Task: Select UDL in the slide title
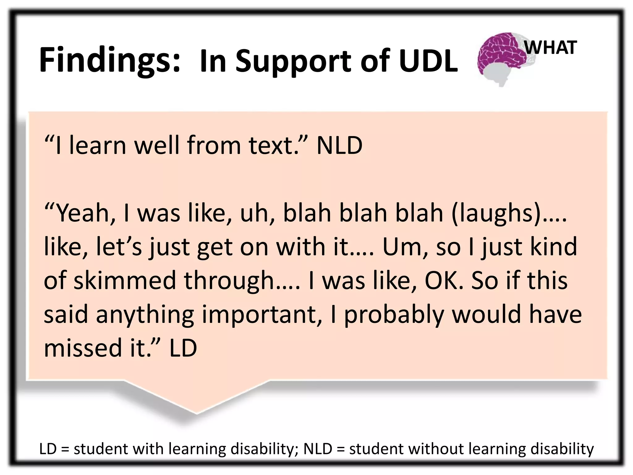428,61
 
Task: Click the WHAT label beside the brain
550,48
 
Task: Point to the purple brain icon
501,56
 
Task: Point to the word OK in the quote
444,280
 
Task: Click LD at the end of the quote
183,348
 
